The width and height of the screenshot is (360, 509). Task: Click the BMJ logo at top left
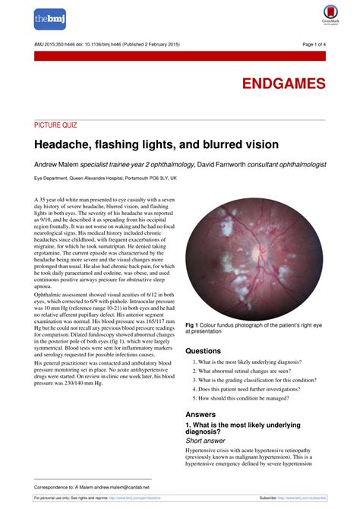pos(49,19)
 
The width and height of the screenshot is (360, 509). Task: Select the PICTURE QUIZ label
pos(55,125)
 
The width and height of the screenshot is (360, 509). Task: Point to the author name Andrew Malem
pos(58,163)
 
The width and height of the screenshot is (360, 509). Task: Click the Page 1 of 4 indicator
pos(311,45)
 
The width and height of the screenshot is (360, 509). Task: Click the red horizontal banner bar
pos(180,56)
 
